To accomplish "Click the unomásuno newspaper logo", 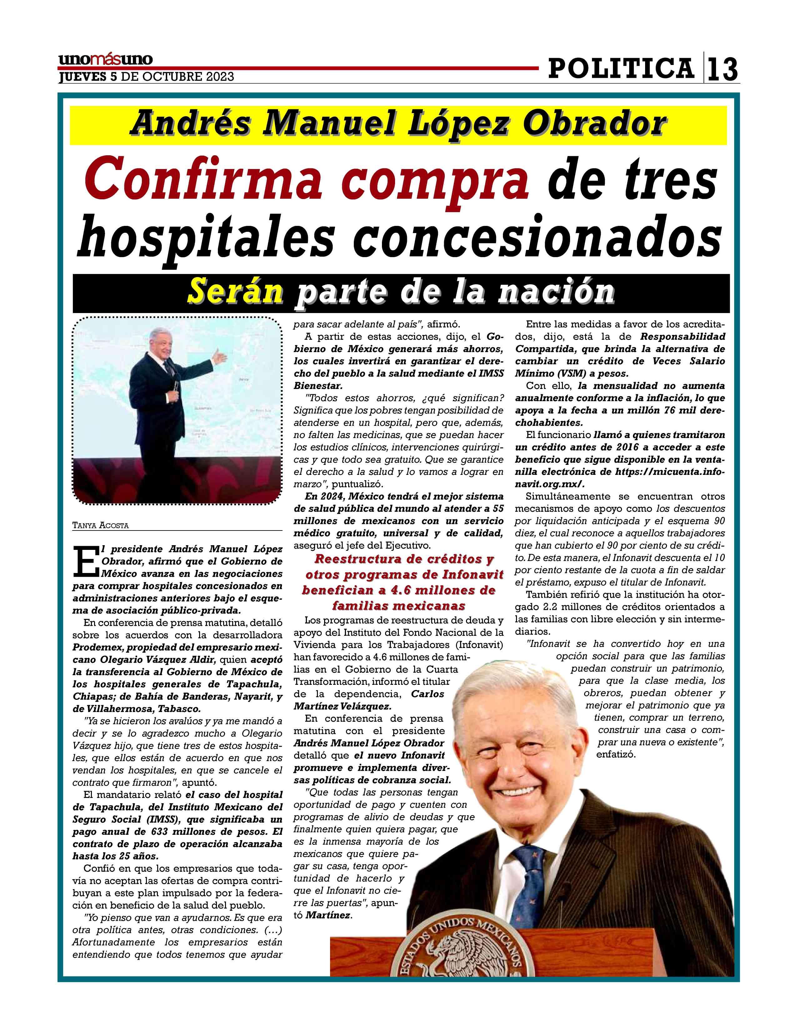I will pos(105,59).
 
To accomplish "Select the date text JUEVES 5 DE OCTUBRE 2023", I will pos(146,77).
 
